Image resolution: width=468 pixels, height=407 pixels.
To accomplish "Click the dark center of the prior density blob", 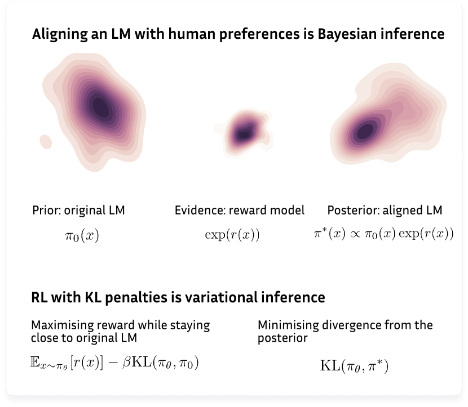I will coord(100,105).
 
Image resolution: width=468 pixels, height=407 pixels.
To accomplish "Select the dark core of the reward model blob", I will coord(243,134).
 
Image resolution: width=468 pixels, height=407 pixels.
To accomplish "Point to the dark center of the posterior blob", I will coord(365,131).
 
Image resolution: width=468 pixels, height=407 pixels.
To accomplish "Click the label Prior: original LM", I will coord(78,211).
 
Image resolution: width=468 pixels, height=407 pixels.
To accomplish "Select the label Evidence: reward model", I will coord(240,211).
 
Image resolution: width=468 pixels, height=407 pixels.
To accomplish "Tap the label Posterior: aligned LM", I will coord(385,211).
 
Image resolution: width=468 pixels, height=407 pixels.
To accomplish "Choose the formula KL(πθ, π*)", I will coord(354,366).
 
